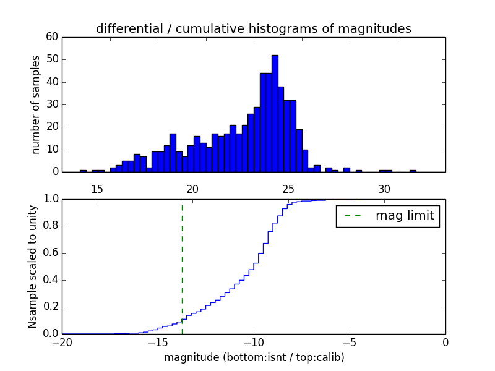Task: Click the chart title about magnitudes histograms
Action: point(253,28)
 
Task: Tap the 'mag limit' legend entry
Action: point(388,216)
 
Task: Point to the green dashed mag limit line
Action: point(182,266)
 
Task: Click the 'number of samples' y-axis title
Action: point(36,104)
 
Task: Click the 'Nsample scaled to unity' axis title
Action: point(32,267)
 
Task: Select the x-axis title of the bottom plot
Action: point(254,357)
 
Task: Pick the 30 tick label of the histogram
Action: point(385,189)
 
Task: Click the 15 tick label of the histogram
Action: point(97,189)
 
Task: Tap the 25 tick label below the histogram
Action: point(289,189)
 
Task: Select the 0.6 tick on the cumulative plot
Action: point(50,253)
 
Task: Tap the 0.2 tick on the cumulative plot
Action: point(50,307)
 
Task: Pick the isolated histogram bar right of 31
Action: point(413,171)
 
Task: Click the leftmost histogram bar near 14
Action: point(83,171)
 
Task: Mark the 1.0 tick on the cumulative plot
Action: point(50,199)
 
